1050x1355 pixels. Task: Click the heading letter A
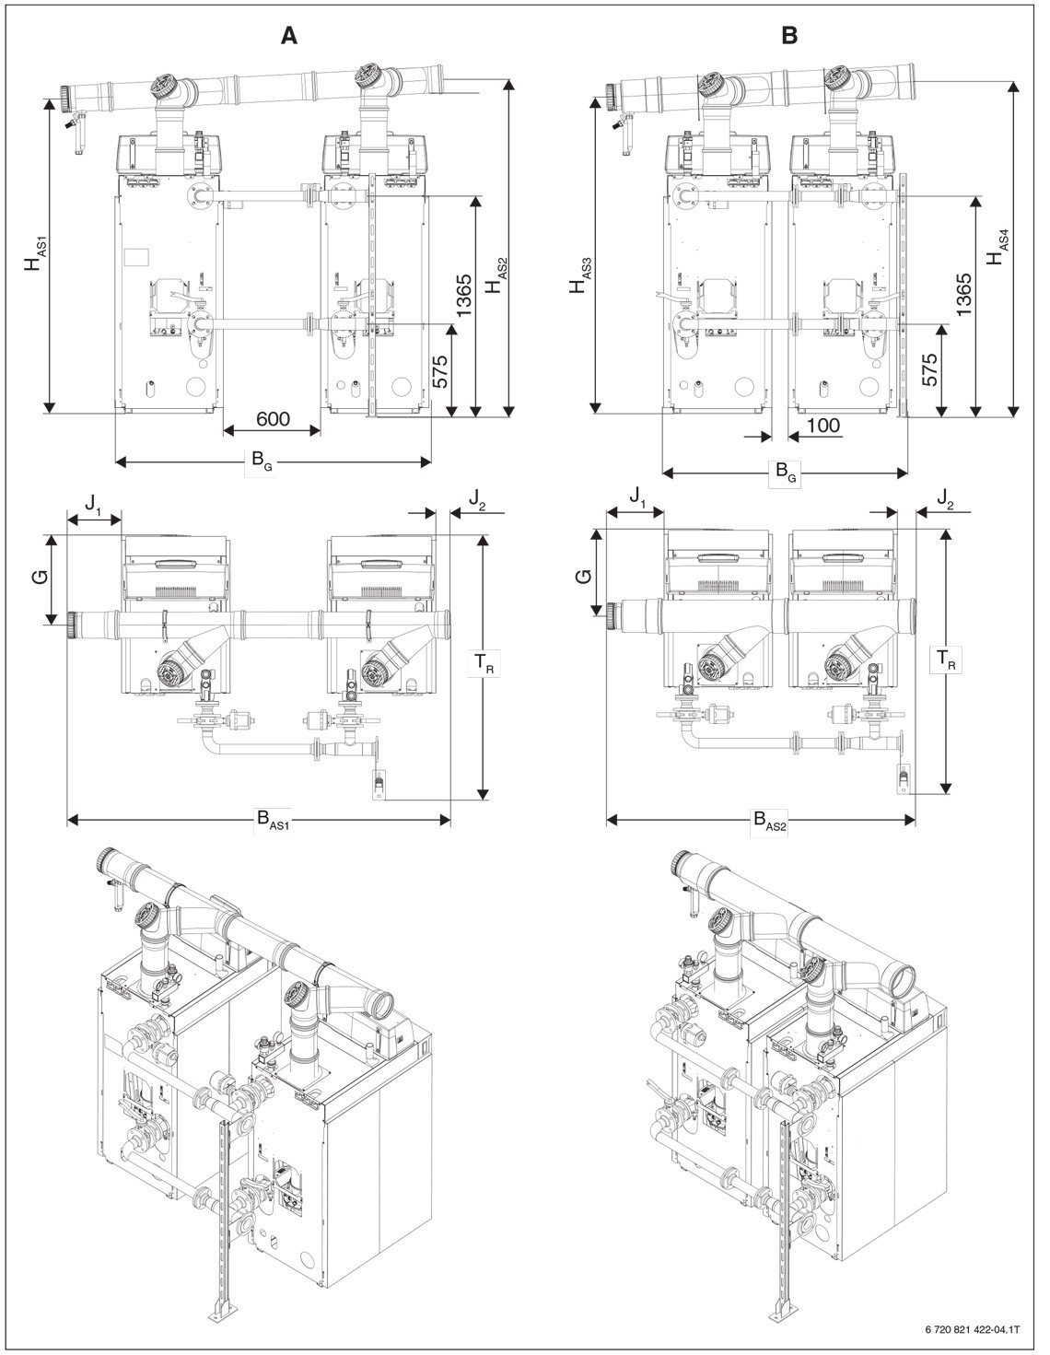[290, 36]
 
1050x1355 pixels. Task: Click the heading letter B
[789, 36]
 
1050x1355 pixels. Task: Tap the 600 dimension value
[272, 420]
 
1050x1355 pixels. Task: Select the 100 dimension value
[822, 425]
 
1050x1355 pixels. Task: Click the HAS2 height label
[496, 275]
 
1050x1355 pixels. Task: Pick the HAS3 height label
[579, 275]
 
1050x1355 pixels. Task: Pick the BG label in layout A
[262, 461]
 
